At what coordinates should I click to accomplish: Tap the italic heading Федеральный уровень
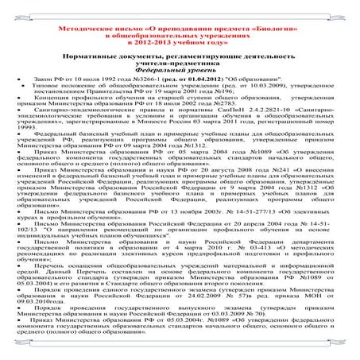click(x=180, y=72)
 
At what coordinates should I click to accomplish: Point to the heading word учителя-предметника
click(x=180, y=64)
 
